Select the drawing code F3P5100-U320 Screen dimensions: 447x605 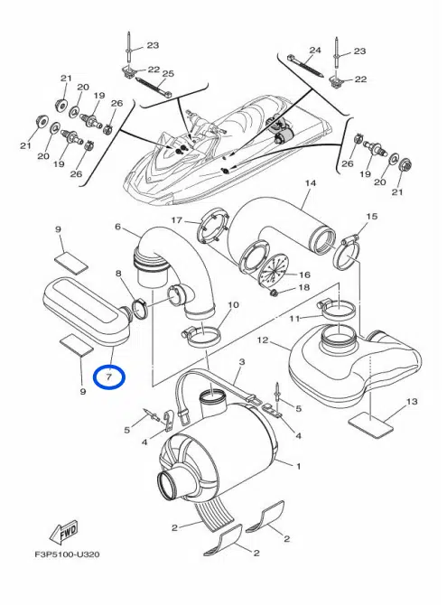point(67,554)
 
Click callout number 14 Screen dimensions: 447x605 point(311,183)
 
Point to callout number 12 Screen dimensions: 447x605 point(263,340)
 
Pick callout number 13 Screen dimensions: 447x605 point(412,402)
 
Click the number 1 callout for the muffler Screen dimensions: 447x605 point(298,466)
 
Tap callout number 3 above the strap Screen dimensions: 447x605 point(242,362)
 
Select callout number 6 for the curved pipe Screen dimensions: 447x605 point(117,227)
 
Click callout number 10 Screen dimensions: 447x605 point(233,305)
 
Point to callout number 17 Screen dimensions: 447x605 point(176,220)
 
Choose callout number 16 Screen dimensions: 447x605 point(304,275)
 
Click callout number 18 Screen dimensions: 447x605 point(303,287)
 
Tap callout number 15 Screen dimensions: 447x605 point(372,217)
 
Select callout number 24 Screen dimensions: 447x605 point(315,51)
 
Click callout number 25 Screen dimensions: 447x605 point(168,73)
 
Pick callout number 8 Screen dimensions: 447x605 point(118,274)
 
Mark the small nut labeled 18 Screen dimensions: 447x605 point(275,293)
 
